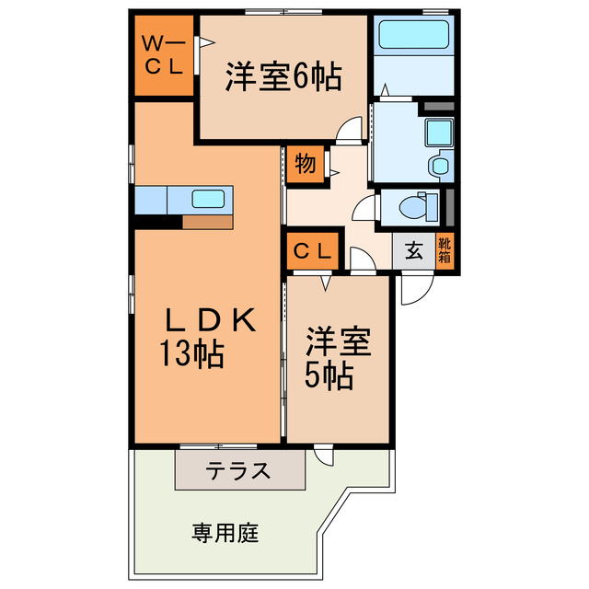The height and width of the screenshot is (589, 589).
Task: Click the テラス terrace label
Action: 238,471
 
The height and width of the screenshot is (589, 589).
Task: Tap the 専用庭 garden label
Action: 226,532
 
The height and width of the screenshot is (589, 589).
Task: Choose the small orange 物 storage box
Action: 303,165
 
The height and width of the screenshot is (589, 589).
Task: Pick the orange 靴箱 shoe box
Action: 445,250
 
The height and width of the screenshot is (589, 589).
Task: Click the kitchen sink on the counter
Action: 209,199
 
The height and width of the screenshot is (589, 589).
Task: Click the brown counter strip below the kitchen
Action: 207,221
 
